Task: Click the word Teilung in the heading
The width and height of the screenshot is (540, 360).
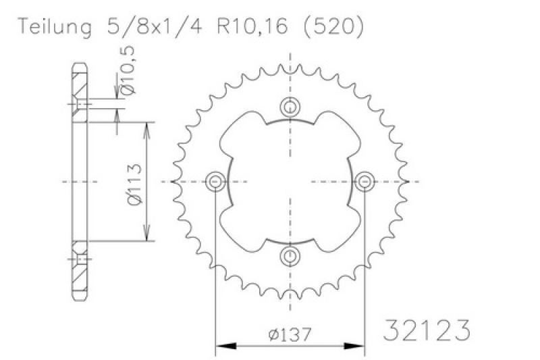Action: point(55,26)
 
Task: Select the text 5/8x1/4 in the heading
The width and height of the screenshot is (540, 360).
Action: point(155,26)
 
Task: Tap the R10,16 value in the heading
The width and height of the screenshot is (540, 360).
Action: point(252,26)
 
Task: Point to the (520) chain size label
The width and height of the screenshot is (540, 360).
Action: point(333,26)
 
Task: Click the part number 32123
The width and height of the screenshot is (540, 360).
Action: point(427,330)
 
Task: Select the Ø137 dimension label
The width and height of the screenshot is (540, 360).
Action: point(290,334)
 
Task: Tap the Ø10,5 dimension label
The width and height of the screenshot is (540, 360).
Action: point(129,70)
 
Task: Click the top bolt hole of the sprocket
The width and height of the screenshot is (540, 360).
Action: point(290,107)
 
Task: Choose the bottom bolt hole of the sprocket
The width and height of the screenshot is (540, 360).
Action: point(290,256)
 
